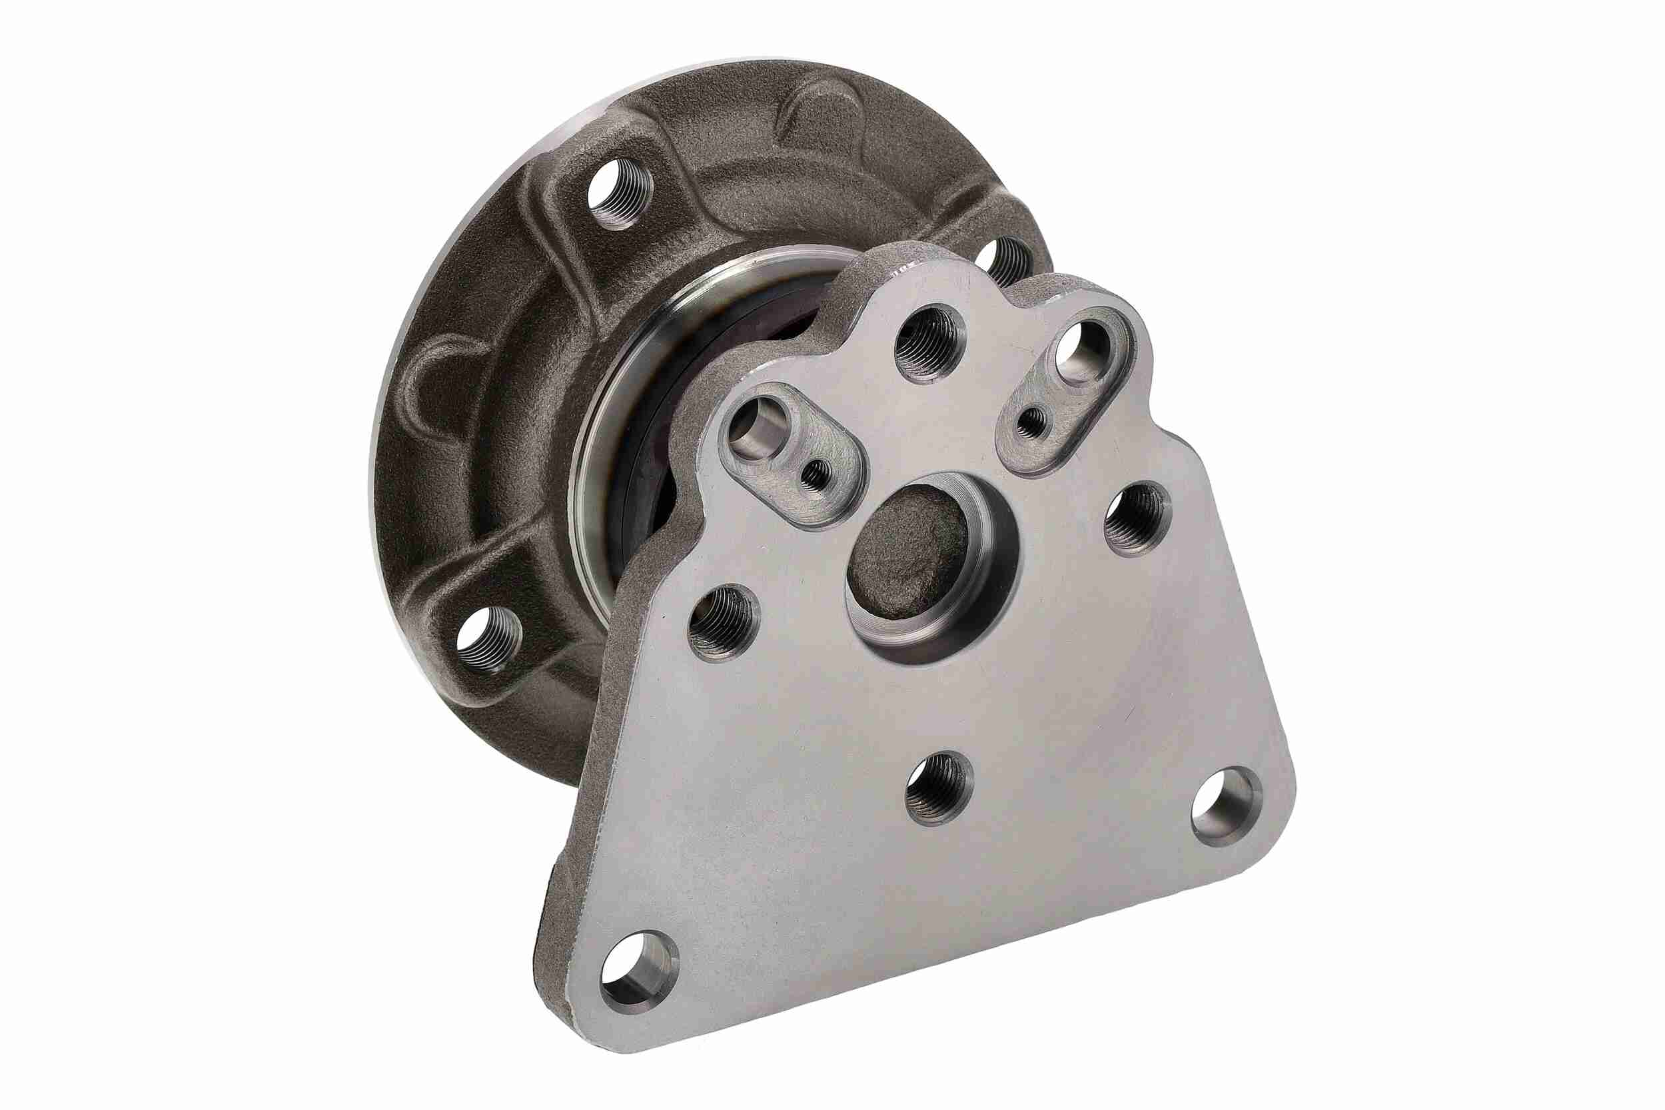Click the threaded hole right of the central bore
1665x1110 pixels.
pos(1137,518)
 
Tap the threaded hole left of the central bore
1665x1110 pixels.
pos(723,622)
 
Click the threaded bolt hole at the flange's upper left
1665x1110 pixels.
pos(620,190)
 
